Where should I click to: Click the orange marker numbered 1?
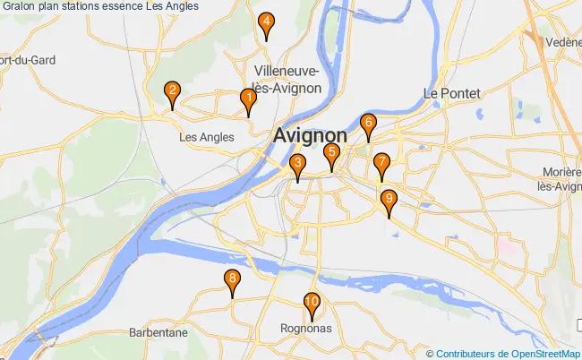click(x=248, y=99)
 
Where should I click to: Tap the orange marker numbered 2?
click(x=172, y=91)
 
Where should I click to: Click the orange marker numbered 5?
click(x=331, y=154)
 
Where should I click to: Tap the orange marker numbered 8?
click(x=232, y=280)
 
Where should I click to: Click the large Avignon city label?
click(x=311, y=135)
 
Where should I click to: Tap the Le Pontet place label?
click(x=452, y=93)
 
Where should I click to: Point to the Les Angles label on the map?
click(x=207, y=138)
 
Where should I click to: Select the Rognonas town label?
click(x=305, y=329)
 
